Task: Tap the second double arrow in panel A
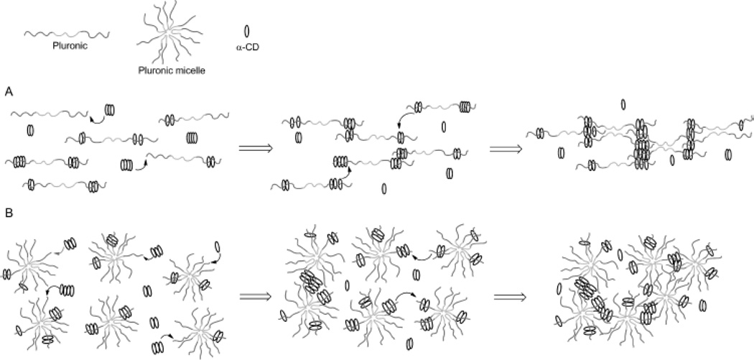tap(503, 149)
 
